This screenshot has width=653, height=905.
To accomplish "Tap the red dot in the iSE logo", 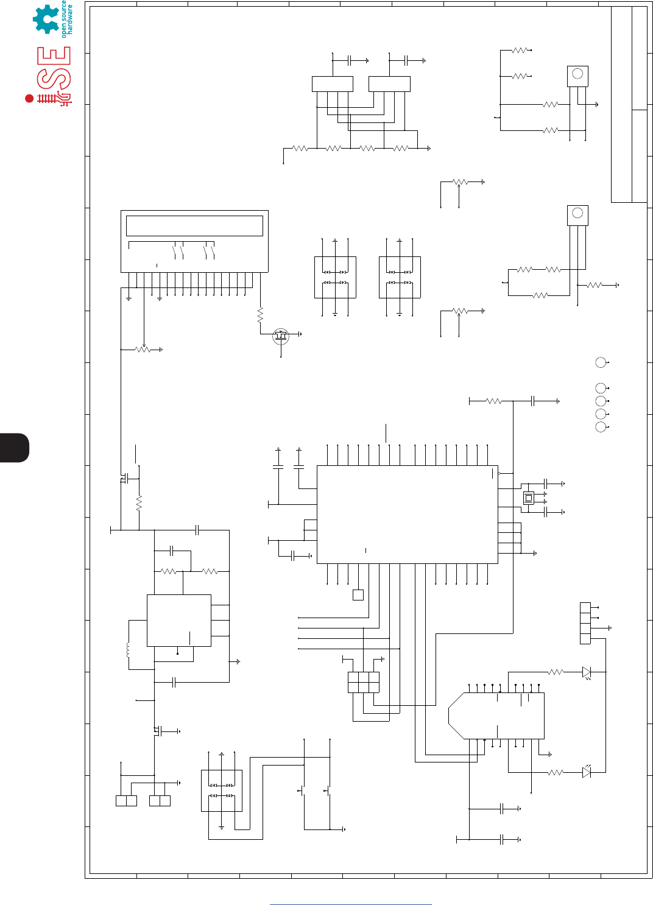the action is pyautogui.click(x=29, y=98).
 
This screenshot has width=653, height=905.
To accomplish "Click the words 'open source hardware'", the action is pyautogui.click(x=67, y=19).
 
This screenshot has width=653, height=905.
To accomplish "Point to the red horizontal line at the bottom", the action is pyautogui.click(x=350, y=904).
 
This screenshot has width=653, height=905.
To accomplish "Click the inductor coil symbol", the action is pyautogui.click(x=128, y=650).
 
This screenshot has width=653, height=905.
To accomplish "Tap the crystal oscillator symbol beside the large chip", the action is pyautogui.click(x=528, y=498).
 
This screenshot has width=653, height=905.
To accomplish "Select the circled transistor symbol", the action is pyautogui.click(x=280, y=335).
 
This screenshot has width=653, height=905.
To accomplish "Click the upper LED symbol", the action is pyautogui.click(x=586, y=672).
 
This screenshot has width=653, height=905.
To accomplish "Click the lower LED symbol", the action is pyautogui.click(x=586, y=772).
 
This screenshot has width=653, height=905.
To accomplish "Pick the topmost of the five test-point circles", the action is pyautogui.click(x=601, y=362).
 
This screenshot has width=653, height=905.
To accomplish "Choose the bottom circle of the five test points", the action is pyautogui.click(x=601, y=427).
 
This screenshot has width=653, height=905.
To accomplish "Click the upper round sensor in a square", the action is pyautogui.click(x=577, y=76).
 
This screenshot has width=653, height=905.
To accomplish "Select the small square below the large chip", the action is pyautogui.click(x=358, y=595).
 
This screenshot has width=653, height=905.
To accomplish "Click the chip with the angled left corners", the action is pyautogui.click(x=496, y=716).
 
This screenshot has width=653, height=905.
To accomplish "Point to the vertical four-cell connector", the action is pyautogui.click(x=585, y=623).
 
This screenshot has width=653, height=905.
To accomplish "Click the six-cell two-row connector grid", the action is pyautogui.click(x=364, y=682).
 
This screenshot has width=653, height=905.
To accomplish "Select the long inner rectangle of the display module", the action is pyautogui.click(x=194, y=225).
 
